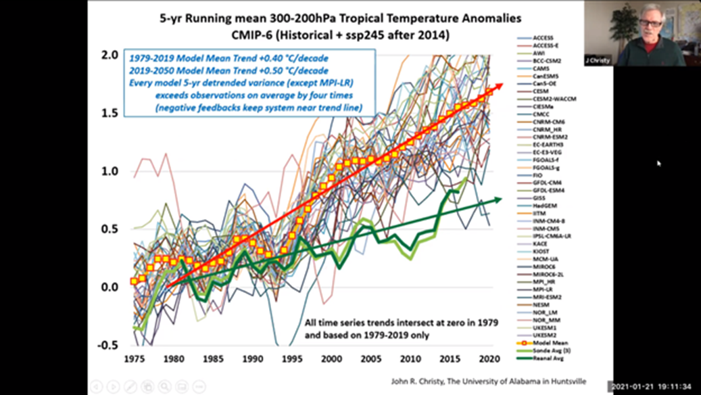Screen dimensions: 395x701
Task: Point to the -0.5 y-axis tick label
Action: pos(108,345)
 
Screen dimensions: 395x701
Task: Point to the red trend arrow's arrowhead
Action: pos(498,86)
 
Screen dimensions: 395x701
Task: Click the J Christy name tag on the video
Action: pos(598,60)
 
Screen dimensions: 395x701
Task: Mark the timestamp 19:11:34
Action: pos(677,387)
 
